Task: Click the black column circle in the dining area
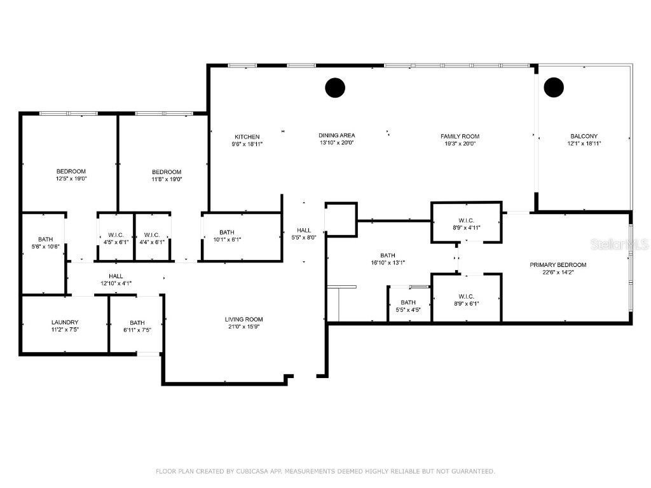pyautogui.click(x=334, y=88)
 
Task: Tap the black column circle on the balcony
pyautogui.click(x=554, y=87)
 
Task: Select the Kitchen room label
pyautogui.click(x=247, y=137)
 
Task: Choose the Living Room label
pyautogui.click(x=243, y=319)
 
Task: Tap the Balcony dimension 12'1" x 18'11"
pyautogui.click(x=584, y=144)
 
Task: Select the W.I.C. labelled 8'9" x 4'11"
pyautogui.click(x=466, y=222)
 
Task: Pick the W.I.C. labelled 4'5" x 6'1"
pyautogui.click(x=116, y=238)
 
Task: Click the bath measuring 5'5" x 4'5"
pyautogui.click(x=408, y=306)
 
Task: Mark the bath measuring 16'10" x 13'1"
pyautogui.click(x=388, y=259)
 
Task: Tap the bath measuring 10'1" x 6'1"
pyautogui.click(x=227, y=236)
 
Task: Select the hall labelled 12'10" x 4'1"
pyautogui.click(x=116, y=280)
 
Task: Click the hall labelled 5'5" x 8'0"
pyautogui.click(x=304, y=234)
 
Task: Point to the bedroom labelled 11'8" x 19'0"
pyautogui.click(x=166, y=175)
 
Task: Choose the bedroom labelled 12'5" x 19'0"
pyautogui.click(x=71, y=175)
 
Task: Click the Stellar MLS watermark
pyautogui.click(x=619, y=244)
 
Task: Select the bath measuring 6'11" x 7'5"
pyautogui.click(x=137, y=326)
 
